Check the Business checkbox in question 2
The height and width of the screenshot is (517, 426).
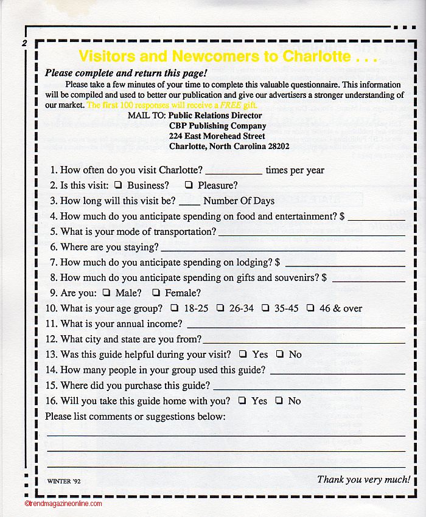pyautogui.click(x=117, y=185)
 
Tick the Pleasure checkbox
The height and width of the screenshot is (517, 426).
pyautogui.click(x=189, y=185)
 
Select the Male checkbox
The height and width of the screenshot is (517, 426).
pyautogui.click(x=106, y=293)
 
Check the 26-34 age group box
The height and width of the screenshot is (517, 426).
pyautogui.click(x=220, y=308)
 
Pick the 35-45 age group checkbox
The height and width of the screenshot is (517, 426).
pyautogui.click(x=265, y=308)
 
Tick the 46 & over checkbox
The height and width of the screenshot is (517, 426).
pyautogui.click(x=310, y=308)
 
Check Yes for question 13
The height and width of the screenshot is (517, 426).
pyautogui.click(x=243, y=354)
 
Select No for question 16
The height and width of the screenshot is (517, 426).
pyautogui.click(x=279, y=400)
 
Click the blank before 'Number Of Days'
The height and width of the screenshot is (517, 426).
pyautogui.click(x=189, y=202)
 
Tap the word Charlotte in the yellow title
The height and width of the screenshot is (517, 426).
pyautogui.click(x=316, y=57)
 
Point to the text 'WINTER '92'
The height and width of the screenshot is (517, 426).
pyautogui.click(x=64, y=481)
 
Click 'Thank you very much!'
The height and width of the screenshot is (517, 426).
pyautogui.click(x=363, y=479)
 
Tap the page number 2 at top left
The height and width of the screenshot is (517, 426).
pyautogui.click(x=24, y=43)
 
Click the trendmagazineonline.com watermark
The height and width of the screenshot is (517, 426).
pyautogui.click(x=63, y=504)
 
